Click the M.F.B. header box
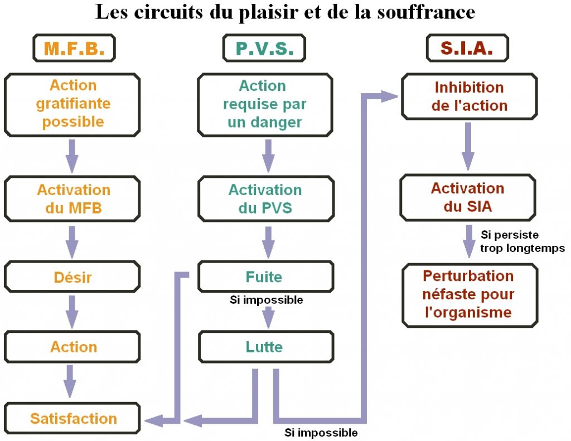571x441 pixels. coord(74,49)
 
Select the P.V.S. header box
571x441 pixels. coord(264,49)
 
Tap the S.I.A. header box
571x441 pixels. coord(467,49)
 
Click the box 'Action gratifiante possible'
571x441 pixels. coord(72,104)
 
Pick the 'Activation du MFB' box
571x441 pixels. coord(72,199)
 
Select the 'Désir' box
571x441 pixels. coord(72,277)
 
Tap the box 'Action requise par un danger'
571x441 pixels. coord(265,104)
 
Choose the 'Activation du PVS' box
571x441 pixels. coord(265,199)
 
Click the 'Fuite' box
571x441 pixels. coord(265,277)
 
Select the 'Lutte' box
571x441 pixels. coord(265,347)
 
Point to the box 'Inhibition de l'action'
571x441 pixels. coord(469,96)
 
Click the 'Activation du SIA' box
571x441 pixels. coord(468,197)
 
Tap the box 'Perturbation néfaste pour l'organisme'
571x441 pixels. coord(468,294)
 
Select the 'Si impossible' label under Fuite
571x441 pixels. coord(266,300)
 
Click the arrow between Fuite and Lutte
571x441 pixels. coord(268,316)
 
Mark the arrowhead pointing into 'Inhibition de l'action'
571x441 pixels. coord(390,96)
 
